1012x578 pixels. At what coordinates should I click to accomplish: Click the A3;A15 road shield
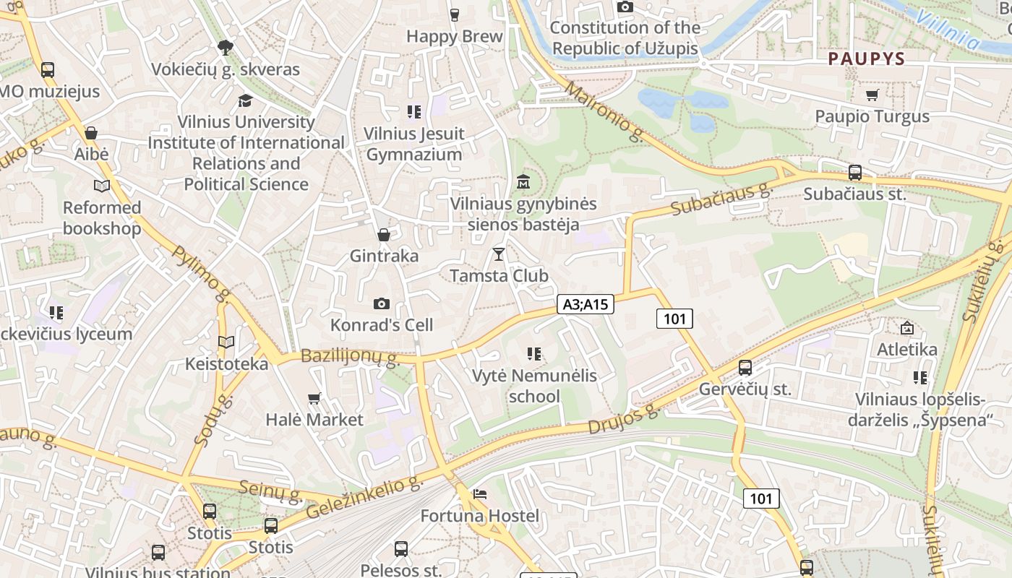(x=586, y=305)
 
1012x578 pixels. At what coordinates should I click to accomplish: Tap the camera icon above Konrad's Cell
(x=382, y=304)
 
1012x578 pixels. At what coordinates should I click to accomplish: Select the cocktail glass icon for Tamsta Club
(x=498, y=254)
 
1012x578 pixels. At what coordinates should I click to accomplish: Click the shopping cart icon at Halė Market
(x=314, y=398)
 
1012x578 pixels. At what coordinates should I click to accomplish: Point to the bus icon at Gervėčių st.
(x=745, y=368)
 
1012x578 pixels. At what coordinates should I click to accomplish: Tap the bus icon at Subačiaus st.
(x=855, y=173)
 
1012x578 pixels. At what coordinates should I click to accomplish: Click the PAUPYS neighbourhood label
(x=867, y=59)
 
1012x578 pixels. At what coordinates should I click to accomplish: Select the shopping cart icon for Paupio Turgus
(x=872, y=95)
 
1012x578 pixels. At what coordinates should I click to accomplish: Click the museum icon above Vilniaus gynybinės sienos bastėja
(x=523, y=181)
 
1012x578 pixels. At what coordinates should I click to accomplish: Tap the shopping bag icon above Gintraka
(x=384, y=235)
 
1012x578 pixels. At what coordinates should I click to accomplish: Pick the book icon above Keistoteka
(x=226, y=342)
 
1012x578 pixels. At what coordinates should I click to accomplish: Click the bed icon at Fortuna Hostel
(x=480, y=494)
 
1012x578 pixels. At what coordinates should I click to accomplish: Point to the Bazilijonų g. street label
(x=350, y=356)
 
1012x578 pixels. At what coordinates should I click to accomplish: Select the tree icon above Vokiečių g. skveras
(x=226, y=48)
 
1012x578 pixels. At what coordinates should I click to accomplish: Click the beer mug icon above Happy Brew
(x=454, y=14)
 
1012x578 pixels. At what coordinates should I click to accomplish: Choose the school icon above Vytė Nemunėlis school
(x=535, y=354)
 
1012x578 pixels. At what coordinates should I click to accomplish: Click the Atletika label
(x=907, y=350)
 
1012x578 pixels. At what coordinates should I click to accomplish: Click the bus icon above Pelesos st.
(x=401, y=549)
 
